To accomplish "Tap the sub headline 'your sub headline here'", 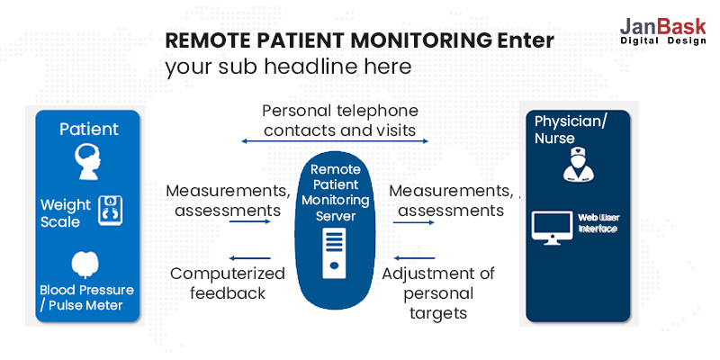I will coord(288,67).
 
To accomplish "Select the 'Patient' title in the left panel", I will coord(88,129).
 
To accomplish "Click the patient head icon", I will coord(86,163).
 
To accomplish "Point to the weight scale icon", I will coord(110,210).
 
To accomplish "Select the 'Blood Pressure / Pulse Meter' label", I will coord(86,298).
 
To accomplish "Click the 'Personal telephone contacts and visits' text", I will coord(339,121).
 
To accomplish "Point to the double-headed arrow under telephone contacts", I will coord(335,141).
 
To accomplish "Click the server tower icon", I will coord(334,253).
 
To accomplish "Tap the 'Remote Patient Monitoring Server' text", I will coord(335,193).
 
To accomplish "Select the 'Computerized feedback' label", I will coord(226,283).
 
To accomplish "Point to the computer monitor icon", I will coord(551,228).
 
